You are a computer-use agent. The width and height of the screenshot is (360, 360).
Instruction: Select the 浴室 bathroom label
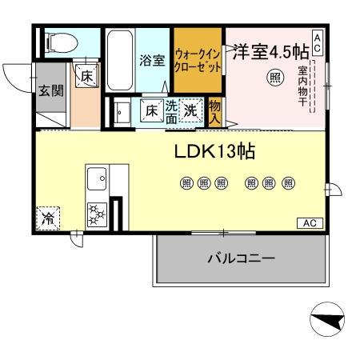pyautogui.click(x=152, y=60)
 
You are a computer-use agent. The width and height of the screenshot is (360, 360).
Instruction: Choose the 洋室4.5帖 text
pyautogui.click(x=270, y=51)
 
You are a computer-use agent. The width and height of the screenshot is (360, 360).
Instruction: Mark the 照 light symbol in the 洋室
pyautogui.click(x=274, y=78)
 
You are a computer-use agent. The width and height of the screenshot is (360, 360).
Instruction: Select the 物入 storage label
pyautogui.click(x=214, y=110)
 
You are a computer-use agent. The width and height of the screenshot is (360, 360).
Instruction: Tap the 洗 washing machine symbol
pyautogui.click(x=191, y=110)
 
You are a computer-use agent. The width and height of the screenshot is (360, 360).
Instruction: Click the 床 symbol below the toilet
pyautogui.click(x=85, y=75)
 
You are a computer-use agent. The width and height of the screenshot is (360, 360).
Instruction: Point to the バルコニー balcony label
pyautogui.click(x=241, y=259)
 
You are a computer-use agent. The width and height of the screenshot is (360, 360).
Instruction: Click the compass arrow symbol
pyautogui.click(x=328, y=322)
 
